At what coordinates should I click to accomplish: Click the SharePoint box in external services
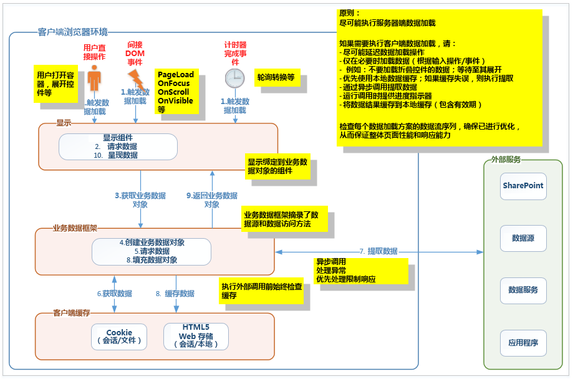coord(523,186)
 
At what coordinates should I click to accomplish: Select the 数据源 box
coord(523,238)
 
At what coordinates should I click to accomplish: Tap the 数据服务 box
coord(523,290)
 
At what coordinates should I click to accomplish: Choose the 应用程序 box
coord(523,342)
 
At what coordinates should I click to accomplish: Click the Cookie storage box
coord(119,337)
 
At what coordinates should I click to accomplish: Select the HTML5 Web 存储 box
coord(196,337)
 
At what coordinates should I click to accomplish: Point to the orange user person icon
coord(94,80)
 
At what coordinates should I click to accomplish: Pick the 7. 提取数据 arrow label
coord(378,251)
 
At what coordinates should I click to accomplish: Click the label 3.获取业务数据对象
coord(140,199)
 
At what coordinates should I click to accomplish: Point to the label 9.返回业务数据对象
coord(212,199)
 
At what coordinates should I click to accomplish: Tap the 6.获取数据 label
coord(114,293)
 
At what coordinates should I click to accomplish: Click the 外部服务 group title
coord(506,160)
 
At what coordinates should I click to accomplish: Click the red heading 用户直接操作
coord(94,52)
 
